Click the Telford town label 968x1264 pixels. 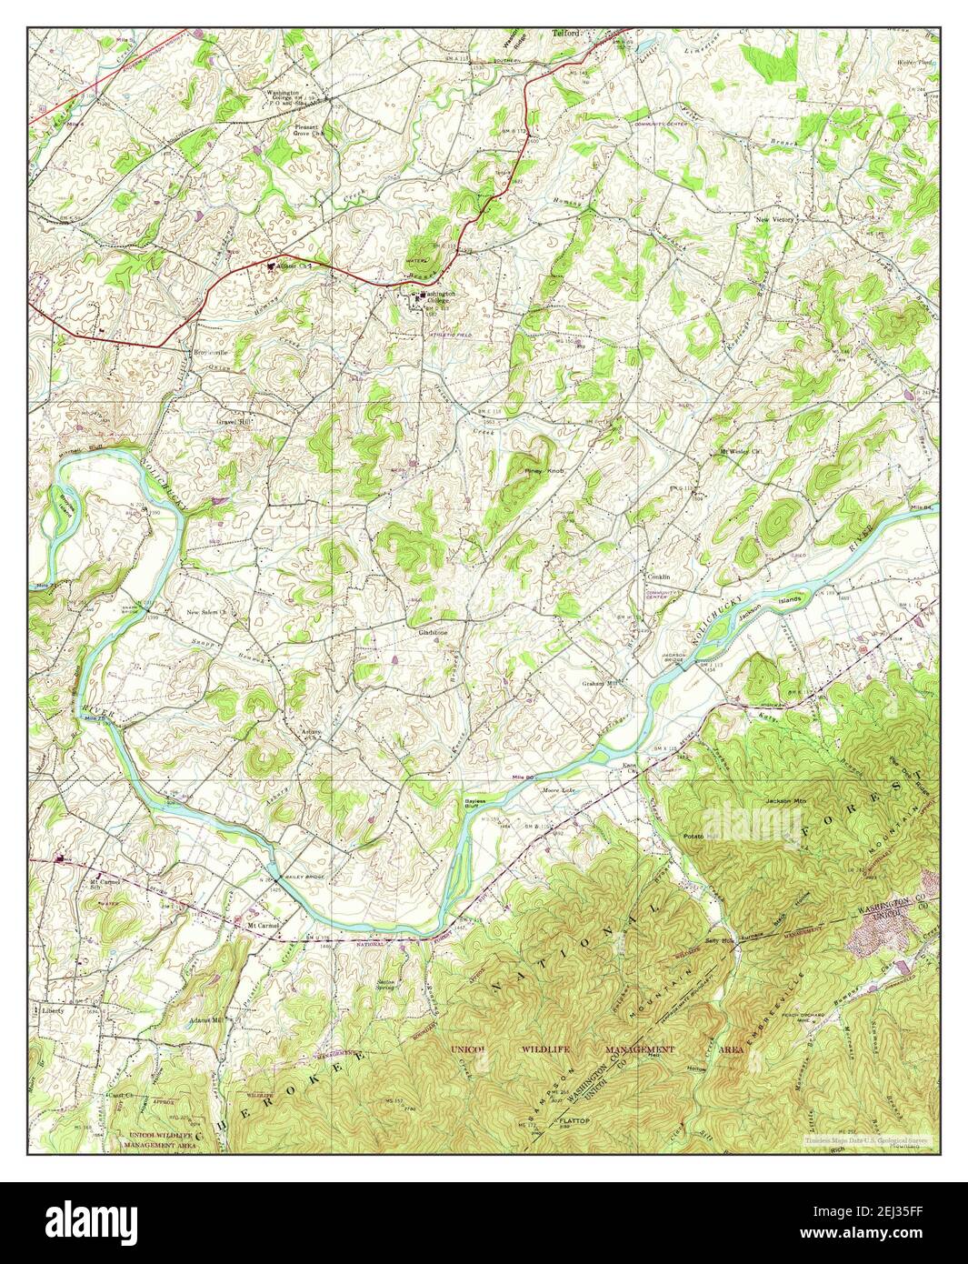(566, 34)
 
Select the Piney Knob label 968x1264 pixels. (544, 471)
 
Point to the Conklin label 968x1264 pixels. (658, 577)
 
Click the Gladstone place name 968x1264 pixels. (434, 632)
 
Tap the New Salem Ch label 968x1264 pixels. (212, 612)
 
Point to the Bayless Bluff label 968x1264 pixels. (472, 802)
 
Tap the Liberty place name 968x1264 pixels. (55, 1008)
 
